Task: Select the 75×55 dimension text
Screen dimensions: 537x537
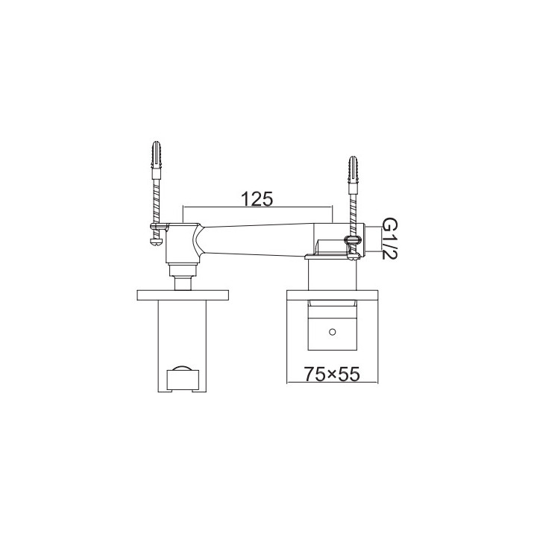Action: point(332,374)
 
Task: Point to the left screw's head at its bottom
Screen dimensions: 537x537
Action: point(155,241)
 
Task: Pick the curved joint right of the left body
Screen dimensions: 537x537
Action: point(199,242)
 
